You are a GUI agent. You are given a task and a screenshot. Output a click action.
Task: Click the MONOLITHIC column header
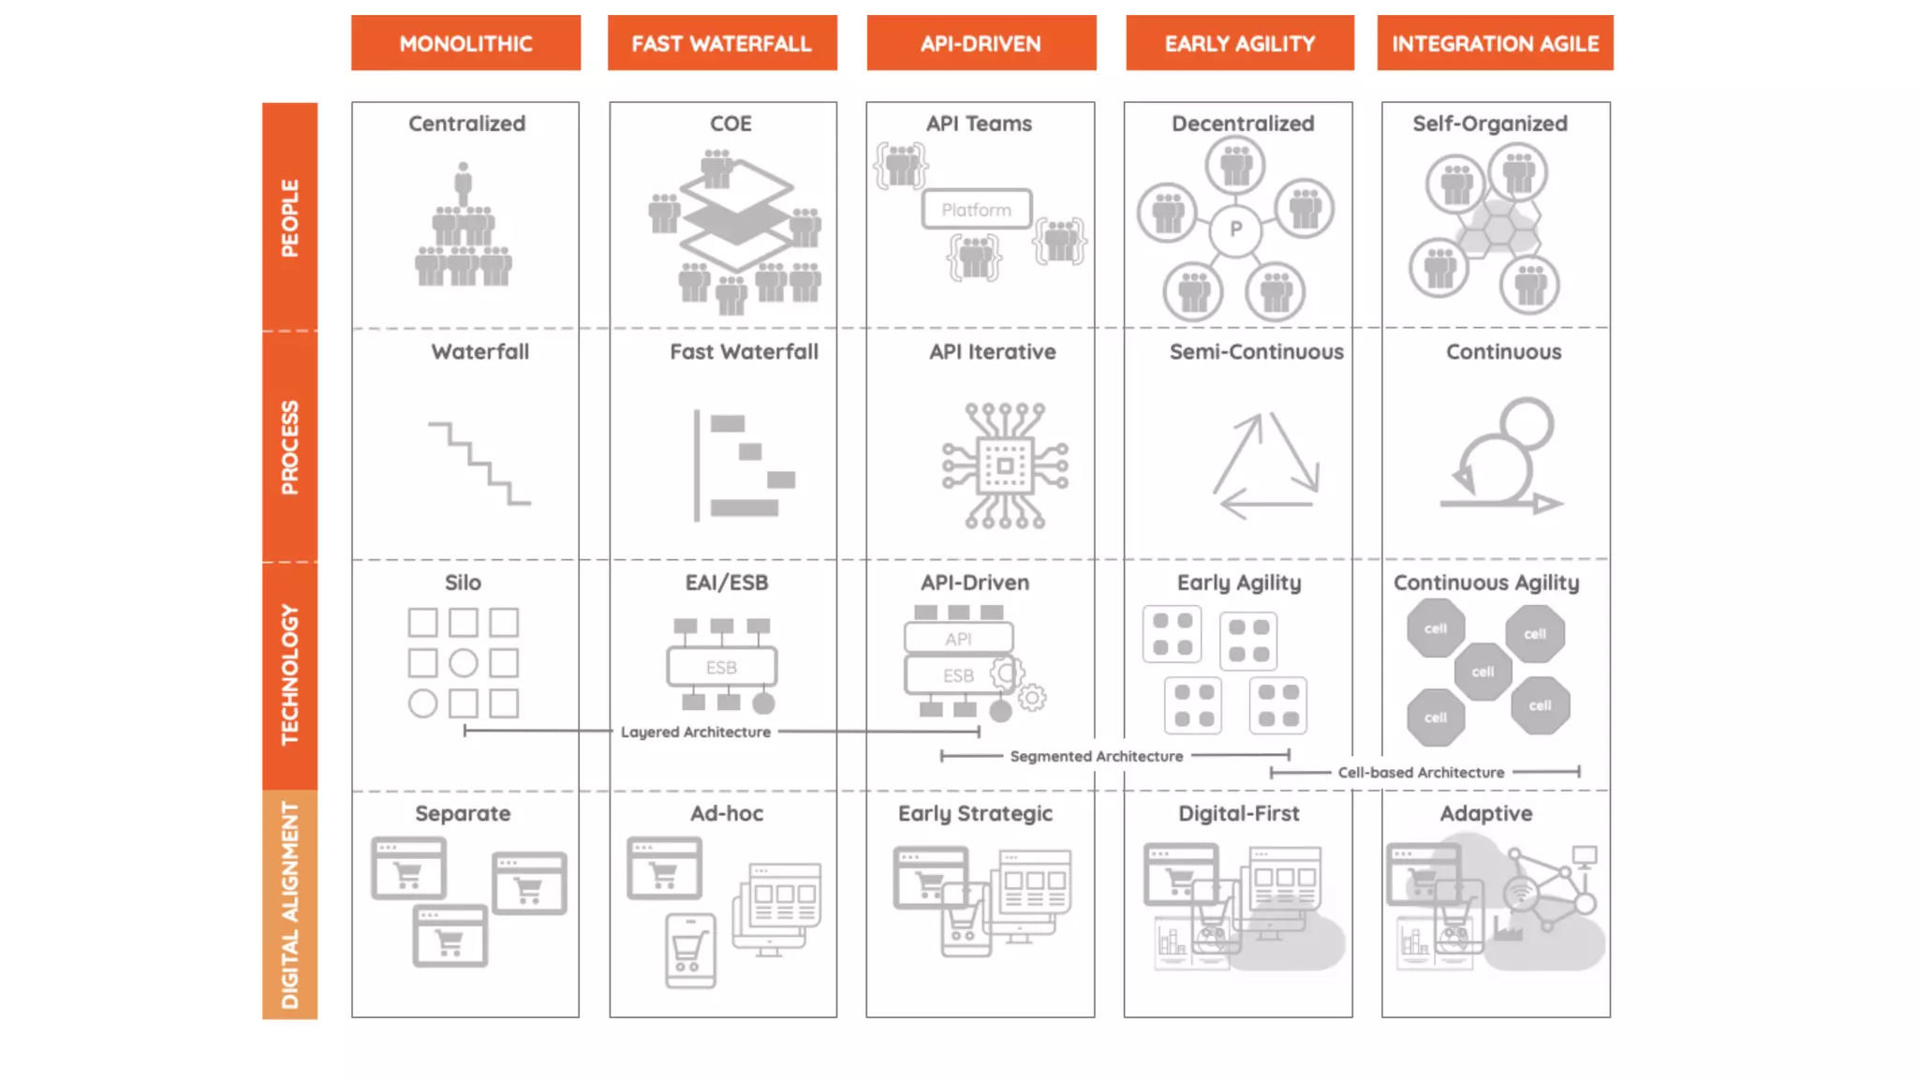(x=465, y=43)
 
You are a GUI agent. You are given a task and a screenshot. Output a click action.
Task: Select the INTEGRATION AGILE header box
(x=1495, y=43)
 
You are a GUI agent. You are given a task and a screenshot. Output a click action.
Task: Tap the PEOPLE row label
(x=289, y=217)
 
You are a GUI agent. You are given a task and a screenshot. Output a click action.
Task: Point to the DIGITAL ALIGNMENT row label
(x=289, y=905)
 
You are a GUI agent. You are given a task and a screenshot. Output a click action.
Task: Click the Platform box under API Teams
(x=976, y=210)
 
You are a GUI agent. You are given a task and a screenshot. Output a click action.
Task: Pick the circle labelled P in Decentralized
(x=1235, y=229)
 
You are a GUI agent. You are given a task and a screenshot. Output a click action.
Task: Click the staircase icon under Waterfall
(x=479, y=463)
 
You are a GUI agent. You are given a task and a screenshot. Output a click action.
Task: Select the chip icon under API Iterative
(x=1005, y=466)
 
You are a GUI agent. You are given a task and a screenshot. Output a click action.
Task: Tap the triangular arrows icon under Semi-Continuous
(x=1265, y=466)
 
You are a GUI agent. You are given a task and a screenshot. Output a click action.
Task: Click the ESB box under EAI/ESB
(x=721, y=667)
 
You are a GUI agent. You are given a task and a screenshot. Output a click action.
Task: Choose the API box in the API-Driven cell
(x=958, y=639)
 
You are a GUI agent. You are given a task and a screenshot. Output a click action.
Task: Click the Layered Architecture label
(x=695, y=732)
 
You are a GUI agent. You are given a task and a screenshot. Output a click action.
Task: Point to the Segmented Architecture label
(x=1096, y=756)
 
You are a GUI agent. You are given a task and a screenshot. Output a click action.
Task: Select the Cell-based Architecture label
(x=1421, y=773)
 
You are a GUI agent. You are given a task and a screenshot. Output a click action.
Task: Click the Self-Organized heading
(x=1489, y=124)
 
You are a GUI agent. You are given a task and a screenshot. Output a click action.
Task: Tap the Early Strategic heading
(x=975, y=813)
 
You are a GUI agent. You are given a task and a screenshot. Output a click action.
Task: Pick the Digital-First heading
(x=1238, y=813)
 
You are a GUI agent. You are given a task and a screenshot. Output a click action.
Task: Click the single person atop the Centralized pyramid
(x=463, y=179)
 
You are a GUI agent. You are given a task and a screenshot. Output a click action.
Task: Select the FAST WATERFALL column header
(x=721, y=43)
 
